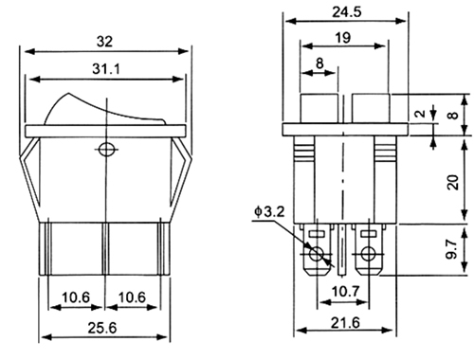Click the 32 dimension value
pyautogui.click(x=104, y=42)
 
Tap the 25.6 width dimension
pyautogui.click(x=102, y=328)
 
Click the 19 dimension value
pyautogui.click(x=342, y=38)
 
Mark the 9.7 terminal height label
pyautogui.click(x=452, y=249)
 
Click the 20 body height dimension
pyautogui.click(x=453, y=182)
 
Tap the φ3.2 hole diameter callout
pyautogui.click(x=269, y=212)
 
